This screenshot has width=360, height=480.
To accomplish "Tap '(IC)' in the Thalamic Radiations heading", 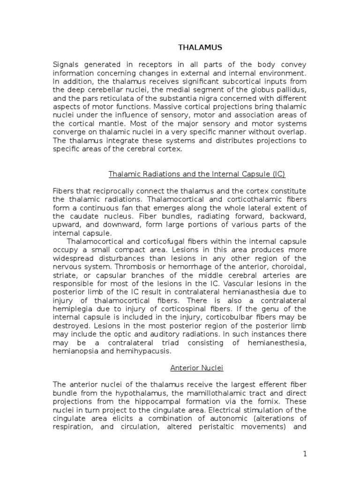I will pyautogui.click(x=277, y=174).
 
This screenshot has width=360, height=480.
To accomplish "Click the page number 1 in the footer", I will pyautogui.click(x=304, y=455).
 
